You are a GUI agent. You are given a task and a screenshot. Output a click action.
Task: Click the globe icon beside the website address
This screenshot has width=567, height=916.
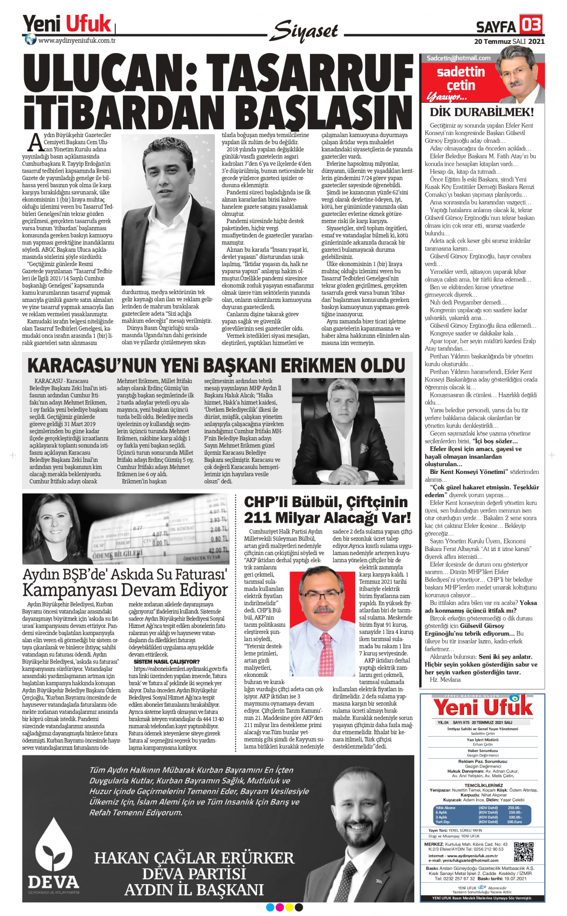point(30,40)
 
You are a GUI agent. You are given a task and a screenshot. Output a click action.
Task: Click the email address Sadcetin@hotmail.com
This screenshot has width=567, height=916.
point(459,58)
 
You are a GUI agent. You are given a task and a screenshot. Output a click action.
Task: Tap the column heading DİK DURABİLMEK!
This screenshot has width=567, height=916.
point(482,112)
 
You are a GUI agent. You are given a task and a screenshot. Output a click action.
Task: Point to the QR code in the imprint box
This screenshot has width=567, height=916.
point(524,852)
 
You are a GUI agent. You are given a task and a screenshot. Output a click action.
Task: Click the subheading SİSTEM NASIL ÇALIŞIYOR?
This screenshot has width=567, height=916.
point(166,661)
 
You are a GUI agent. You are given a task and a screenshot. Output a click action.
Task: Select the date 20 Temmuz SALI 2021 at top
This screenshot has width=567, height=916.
point(509,41)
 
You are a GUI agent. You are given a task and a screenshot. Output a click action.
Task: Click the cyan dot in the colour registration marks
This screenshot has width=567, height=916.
point(270,907)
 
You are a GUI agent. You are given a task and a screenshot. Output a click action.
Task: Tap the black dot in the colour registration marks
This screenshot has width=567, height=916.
point(299,907)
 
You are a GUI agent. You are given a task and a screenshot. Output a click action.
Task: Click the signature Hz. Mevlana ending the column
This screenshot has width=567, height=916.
point(445,680)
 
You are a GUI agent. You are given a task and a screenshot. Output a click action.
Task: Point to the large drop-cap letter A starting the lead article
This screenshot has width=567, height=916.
point(36,143)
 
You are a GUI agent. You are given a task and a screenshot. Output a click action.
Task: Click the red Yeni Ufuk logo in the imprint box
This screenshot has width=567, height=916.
point(483,707)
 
